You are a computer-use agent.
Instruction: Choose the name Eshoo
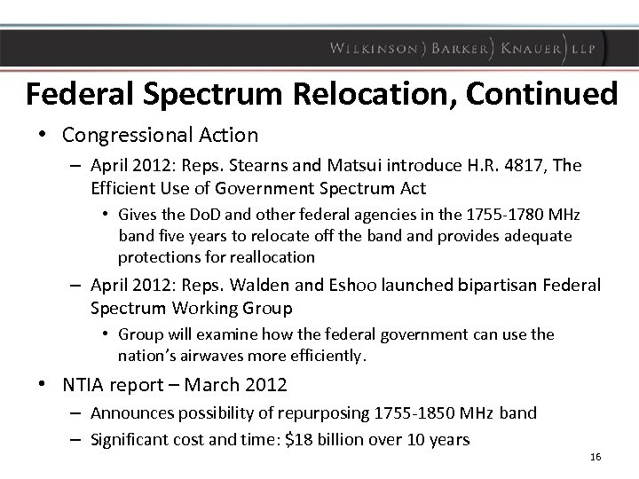click(349, 285)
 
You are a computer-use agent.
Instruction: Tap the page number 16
click(595, 458)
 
